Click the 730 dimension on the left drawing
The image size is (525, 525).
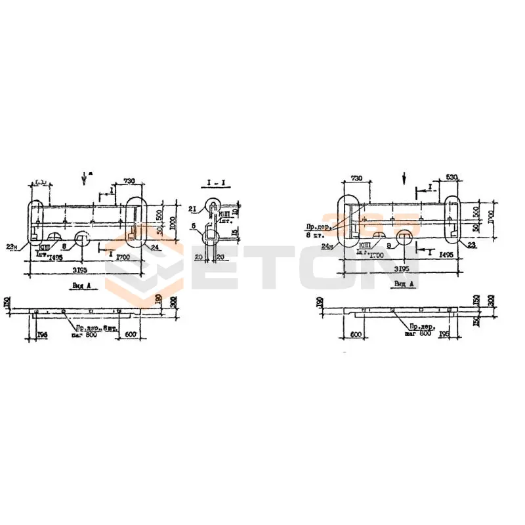(129, 180)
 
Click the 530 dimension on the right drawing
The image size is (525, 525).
(451, 177)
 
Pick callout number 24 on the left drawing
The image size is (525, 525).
(154, 247)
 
